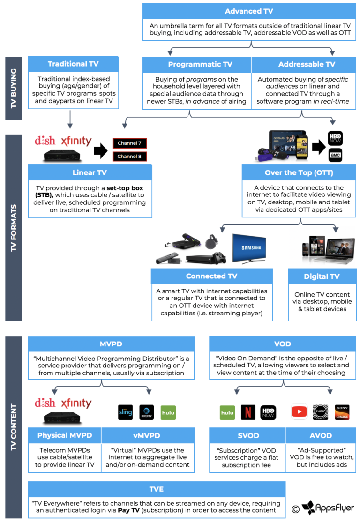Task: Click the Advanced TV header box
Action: [x=249, y=11]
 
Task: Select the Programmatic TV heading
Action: [x=196, y=64]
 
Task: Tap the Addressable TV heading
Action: [x=307, y=64]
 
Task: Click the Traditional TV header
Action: [x=73, y=64]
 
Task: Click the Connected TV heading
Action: [x=211, y=276]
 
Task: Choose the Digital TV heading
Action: [x=322, y=276]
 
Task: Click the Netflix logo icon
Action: [x=248, y=412]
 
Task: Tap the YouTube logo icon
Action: [x=299, y=412]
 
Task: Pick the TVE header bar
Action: [x=157, y=489]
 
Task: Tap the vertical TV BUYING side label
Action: [x=14, y=90]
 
